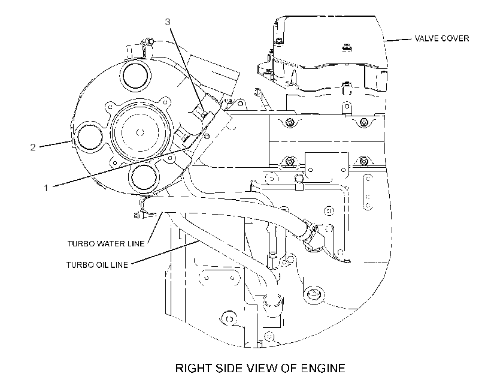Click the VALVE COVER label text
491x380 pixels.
coord(441,38)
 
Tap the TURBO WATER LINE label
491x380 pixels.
coord(106,243)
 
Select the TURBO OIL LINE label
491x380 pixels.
coord(97,265)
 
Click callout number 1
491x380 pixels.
coord(46,188)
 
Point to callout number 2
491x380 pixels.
coord(33,147)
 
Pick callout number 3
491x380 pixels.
coord(168,22)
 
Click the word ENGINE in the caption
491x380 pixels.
coord(323,368)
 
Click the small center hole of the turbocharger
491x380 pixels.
coord(140,132)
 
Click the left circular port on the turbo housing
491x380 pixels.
coord(90,137)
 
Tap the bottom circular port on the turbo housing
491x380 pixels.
coord(144,177)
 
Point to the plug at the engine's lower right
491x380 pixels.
coord(313,294)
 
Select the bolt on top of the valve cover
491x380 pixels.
coord(346,47)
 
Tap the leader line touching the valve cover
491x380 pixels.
coord(398,40)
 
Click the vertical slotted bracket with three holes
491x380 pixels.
coord(368,192)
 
